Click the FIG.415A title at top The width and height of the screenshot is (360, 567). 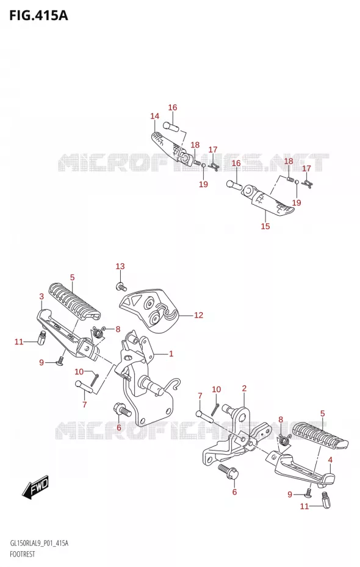click(x=38, y=16)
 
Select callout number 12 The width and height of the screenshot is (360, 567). click(x=199, y=315)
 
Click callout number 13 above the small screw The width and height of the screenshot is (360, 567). click(x=120, y=266)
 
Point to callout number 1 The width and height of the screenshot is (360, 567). click(x=171, y=354)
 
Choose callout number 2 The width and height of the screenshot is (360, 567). click(x=244, y=389)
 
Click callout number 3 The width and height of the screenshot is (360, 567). click(x=41, y=296)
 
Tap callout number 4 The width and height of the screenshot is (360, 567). click(x=330, y=460)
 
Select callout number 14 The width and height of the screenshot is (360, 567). click(x=155, y=116)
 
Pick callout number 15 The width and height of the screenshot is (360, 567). click(x=265, y=226)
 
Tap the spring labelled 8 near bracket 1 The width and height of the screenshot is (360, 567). click(x=98, y=331)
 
